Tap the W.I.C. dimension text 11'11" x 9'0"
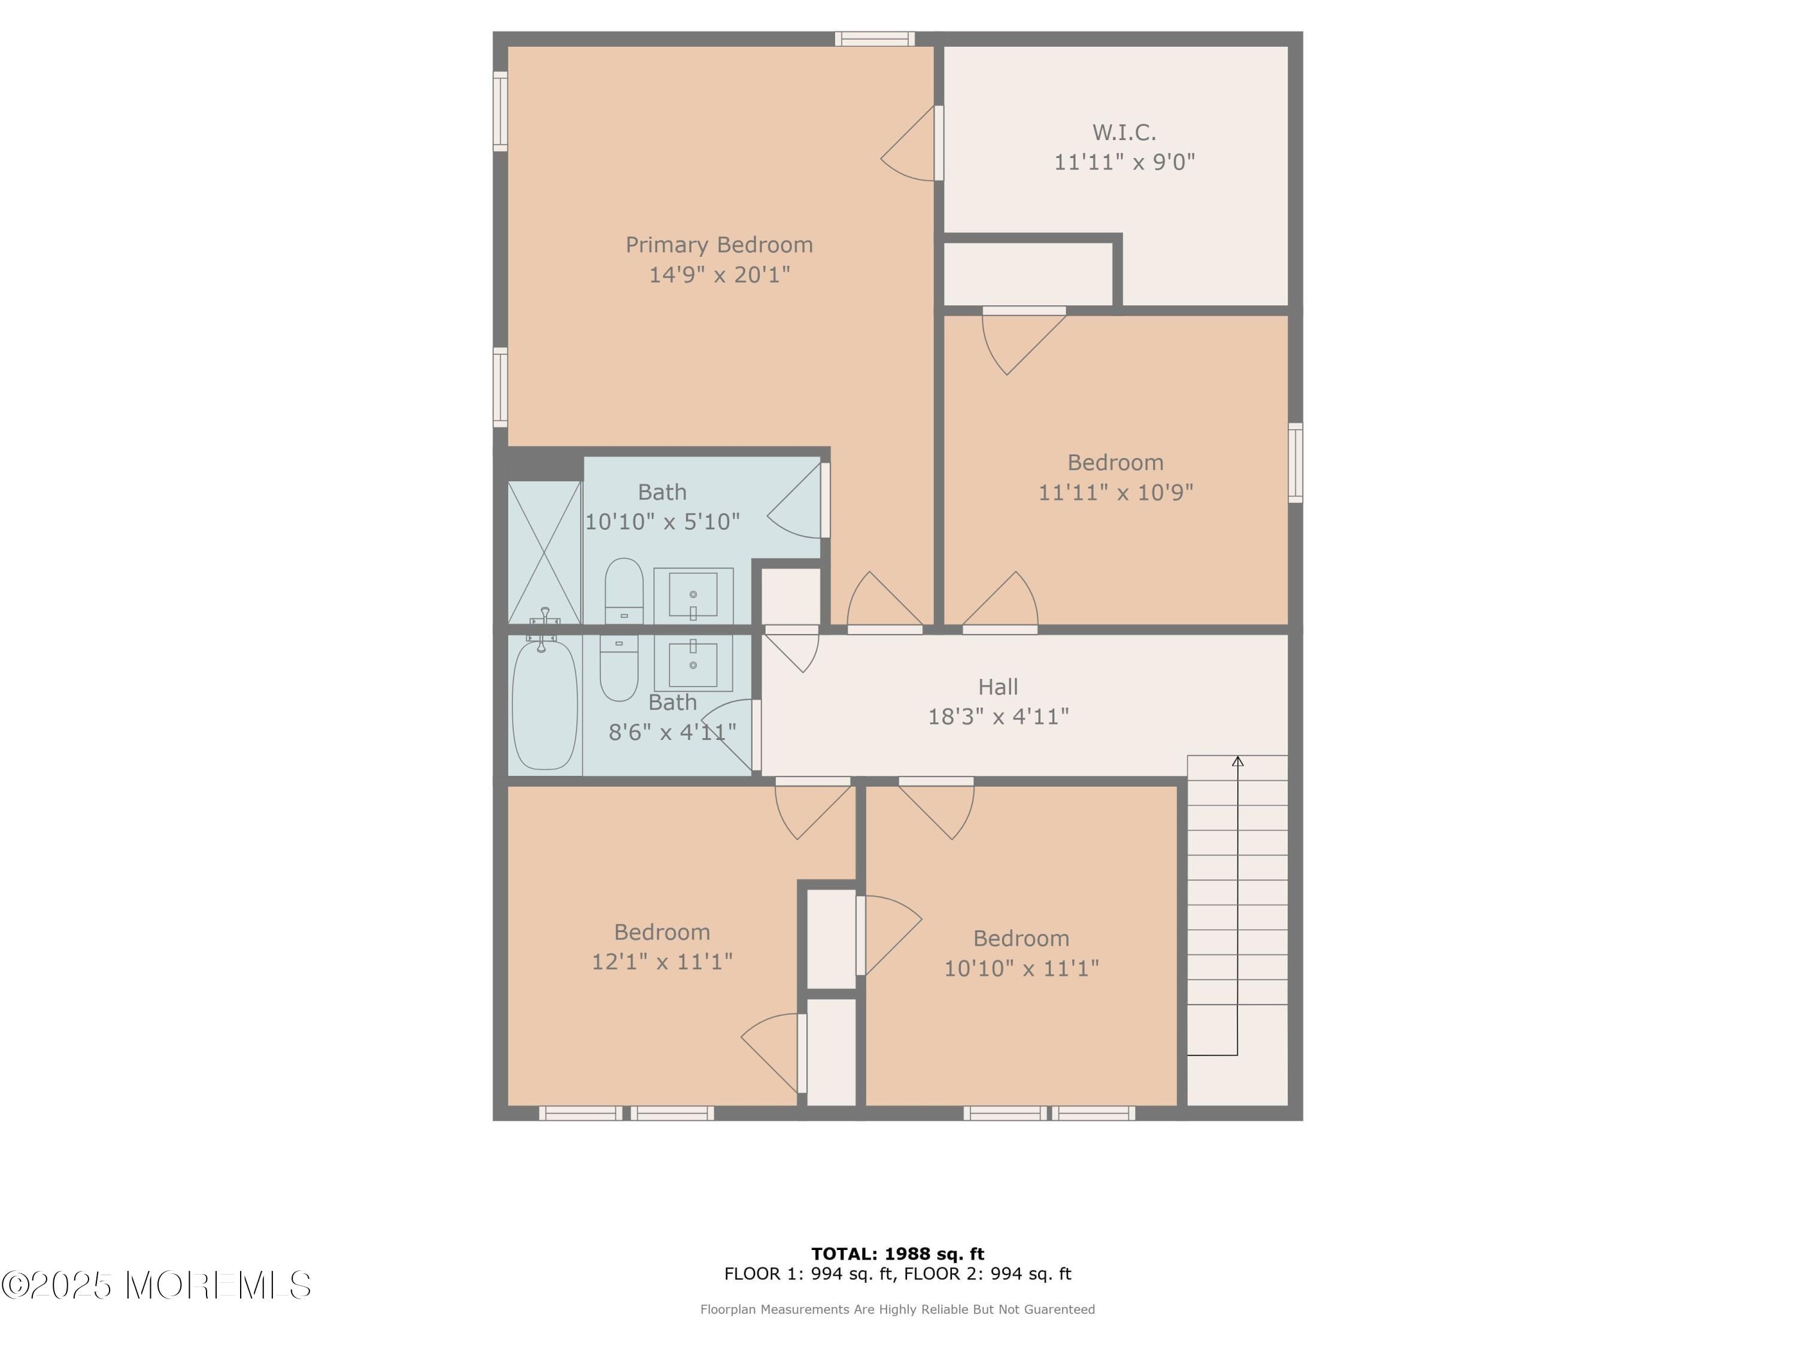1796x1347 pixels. click(x=1124, y=162)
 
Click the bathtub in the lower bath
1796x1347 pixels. click(x=544, y=705)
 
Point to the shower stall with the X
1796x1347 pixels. click(x=544, y=552)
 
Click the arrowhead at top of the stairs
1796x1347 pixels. click(x=1237, y=761)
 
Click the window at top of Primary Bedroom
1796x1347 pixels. click(x=875, y=38)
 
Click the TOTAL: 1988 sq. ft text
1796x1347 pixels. click(x=897, y=1254)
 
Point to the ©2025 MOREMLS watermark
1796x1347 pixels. click(x=156, y=1285)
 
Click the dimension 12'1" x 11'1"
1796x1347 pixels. click(x=662, y=962)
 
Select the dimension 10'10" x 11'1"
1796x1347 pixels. click(x=1021, y=969)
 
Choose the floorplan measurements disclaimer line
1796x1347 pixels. click(x=897, y=1309)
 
